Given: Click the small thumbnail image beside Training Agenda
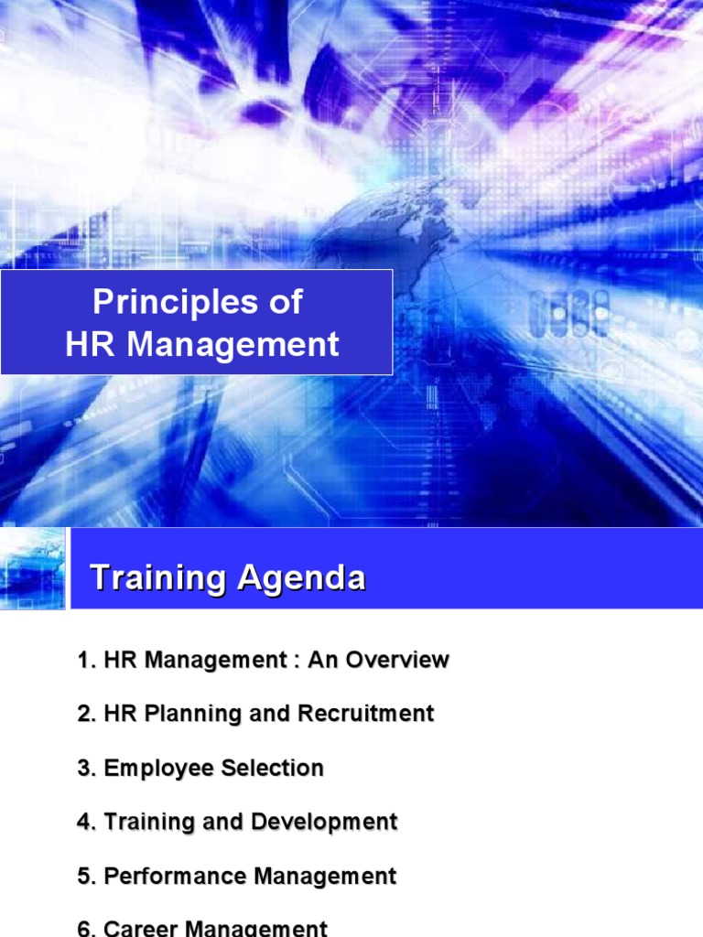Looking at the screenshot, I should coord(33,568).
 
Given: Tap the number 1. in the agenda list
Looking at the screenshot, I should coord(87,660).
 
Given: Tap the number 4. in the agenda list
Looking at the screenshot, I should coord(87,822).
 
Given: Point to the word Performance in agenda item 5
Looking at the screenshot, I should coord(175,877).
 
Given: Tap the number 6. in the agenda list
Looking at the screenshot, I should coord(87,929).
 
